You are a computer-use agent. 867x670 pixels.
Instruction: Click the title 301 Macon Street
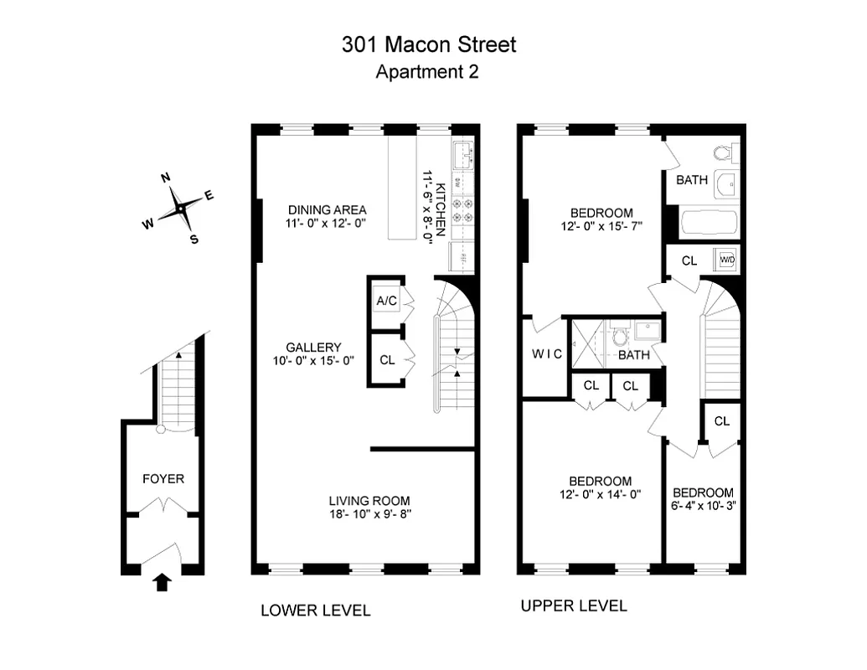point(428,44)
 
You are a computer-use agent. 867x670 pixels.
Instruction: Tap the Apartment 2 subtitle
point(427,72)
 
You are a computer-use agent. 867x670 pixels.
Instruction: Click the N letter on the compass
point(166,178)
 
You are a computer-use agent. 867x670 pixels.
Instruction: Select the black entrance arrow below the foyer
point(163,581)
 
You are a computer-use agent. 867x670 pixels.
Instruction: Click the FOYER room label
point(163,479)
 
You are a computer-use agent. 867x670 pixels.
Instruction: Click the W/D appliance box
point(725,260)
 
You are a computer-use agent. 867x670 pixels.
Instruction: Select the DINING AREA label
point(328,209)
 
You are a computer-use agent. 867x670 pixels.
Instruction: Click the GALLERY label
point(313,348)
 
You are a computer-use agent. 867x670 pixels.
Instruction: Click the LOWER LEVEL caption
point(316,611)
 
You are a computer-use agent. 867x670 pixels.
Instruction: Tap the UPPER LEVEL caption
point(574,606)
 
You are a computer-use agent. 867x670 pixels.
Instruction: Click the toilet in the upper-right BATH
point(725,153)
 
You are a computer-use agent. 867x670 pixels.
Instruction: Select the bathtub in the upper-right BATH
point(709,224)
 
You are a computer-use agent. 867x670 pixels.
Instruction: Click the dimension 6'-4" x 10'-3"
point(704,507)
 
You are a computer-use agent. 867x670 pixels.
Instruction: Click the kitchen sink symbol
point(463,155)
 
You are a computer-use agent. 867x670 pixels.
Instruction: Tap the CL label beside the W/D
point(689,260)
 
